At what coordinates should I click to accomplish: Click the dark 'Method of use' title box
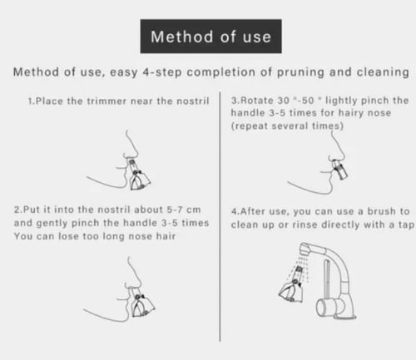coord(211,37)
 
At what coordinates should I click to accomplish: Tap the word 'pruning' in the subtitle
coord(300,72)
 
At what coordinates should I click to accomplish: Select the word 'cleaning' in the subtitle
coord(383,72)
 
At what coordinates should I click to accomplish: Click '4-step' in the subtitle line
coord(162,72)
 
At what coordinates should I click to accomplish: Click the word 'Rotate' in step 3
coord(256,101)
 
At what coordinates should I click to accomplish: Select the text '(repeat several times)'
coord(287,126)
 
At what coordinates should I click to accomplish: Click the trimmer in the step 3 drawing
coord(340,168)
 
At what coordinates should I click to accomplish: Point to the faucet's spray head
coord(306,249)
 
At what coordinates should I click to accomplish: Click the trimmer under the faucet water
coord(291,285)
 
